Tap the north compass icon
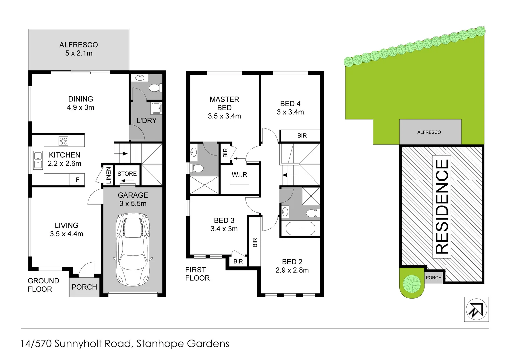(476, 310)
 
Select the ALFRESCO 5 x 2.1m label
(79, 49)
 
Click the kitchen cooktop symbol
(63, 141)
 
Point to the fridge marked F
(77, 180)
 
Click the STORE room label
(127, 174)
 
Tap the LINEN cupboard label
(108, 175)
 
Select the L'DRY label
(146, 121)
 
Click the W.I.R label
(239, 174)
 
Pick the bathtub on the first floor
(300, 229)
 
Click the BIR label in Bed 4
(302, 136)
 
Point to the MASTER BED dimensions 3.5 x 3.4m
(224, 116)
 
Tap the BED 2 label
(292, 262)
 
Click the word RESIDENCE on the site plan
(442, 207)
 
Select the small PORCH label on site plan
(433, 278)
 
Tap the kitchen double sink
(38, 160)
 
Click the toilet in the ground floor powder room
(155, 88)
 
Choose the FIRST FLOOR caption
(197, 274)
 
